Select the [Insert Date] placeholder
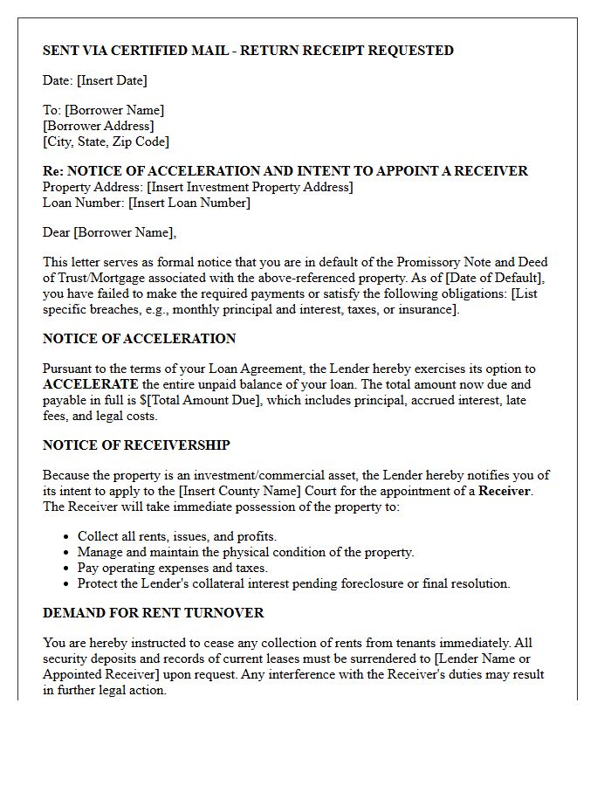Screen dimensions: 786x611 click(x=112, y=80)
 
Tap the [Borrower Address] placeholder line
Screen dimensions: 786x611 click(x=98, y=126)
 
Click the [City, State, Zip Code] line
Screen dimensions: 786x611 click(x=106, y=141)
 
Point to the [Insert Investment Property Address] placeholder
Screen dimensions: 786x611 click(x=250, y=187)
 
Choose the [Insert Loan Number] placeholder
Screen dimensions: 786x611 click(x=189, y=203)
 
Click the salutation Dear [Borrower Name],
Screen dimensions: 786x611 click(x=109, y=232)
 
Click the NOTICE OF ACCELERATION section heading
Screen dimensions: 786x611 click(x=139, y=339)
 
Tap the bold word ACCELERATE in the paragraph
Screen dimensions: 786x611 click(x=90, y=384)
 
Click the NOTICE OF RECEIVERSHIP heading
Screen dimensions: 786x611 click(x=136, y=445)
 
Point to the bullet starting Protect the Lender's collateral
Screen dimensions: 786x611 click(x=293, y=583)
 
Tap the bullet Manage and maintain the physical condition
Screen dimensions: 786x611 click(x=245, y=552)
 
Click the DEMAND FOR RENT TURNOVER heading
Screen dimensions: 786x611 click(x=153, y=613)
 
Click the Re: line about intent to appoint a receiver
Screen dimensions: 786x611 click(x=285, y=171)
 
